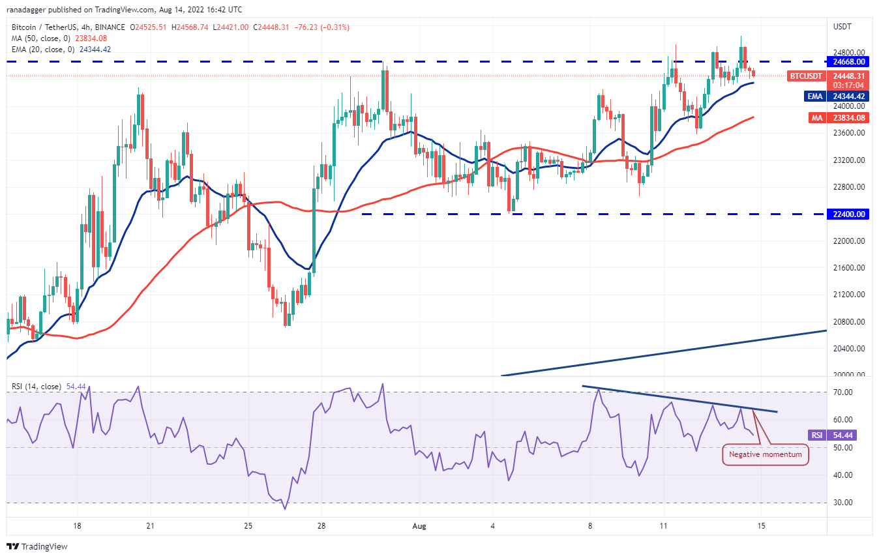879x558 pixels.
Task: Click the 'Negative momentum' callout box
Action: [766, 454]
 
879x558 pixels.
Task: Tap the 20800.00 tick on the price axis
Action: [848, 321]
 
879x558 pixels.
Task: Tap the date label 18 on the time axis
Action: [77, 525]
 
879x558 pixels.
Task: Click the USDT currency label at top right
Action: [842, 27]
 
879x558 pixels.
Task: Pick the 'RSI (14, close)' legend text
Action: [37, 387]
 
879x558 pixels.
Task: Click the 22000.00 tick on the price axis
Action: [848, 241]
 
